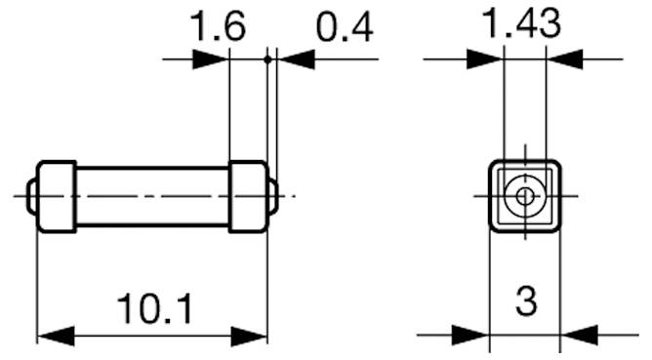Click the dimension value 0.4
pyautogui.click(x=345, y=28)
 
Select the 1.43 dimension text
pyautogui.click(x=524, y=24)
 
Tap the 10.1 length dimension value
pyautogui.click(x=154, y=309)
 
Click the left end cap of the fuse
pyautogui.click(x=57, y=196)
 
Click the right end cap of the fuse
pyautogui.click(x=247, y=196)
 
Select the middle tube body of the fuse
pyautogui.click(x=152, y=196)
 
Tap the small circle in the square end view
pyautogui.click(x=525, y=196)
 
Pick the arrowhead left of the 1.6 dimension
pyautogui.click(x=210, y=60)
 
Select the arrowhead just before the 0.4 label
pyautogui.click(x=297, y=60)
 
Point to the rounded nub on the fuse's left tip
pyautogui.click(x=33, y=196)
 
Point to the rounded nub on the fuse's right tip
pyautogui.click(x=272, y=196)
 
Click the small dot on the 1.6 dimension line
pyautogui.click(x=266, y=60)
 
